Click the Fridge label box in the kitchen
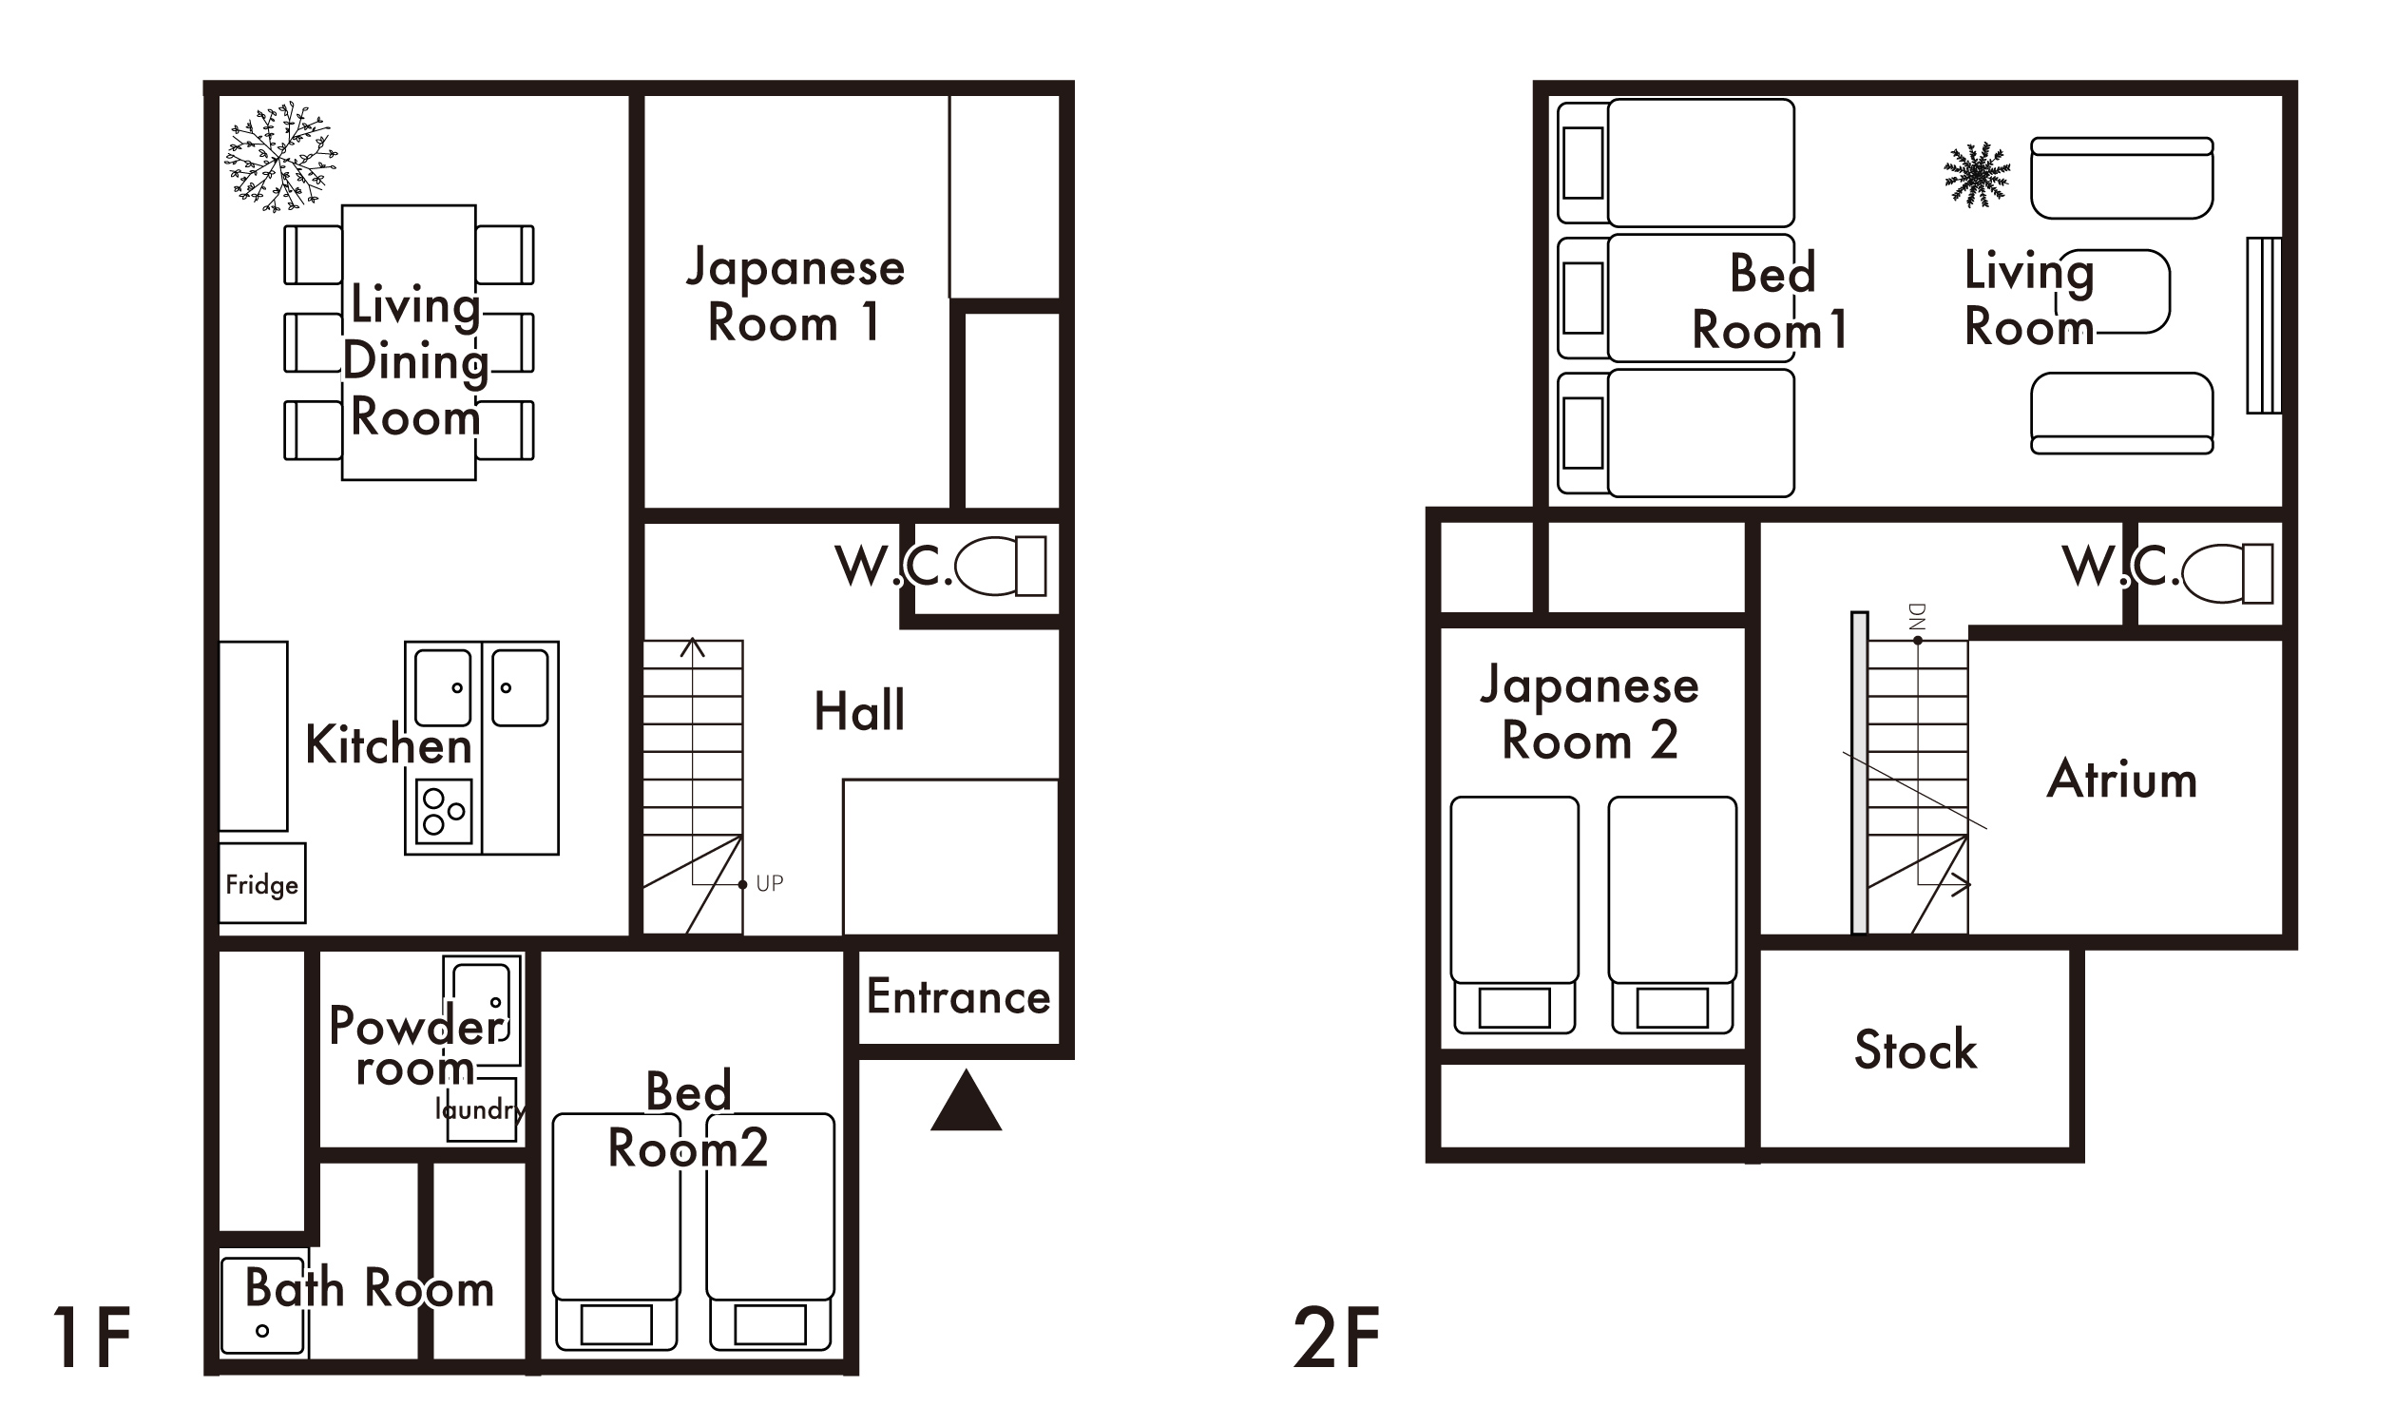tap(261, 884)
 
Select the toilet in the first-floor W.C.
tap(999, 566)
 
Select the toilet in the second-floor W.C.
tap(2226, 573)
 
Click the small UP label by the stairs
tap(769, 883)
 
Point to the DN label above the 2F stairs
tap(1917, 616)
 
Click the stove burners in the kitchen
tap(444, 811)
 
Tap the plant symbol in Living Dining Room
tap(279, 157)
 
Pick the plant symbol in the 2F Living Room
tap(1977, 175)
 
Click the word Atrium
tap(2121, 780)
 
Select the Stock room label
tap(1915, 1050)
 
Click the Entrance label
tap(958, 996)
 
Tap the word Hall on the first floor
tap(859, 711)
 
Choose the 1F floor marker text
tap(91, 1339)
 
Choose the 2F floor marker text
tap(1336, 1339)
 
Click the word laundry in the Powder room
tap(479, 1109)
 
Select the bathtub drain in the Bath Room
tap(262, 1331)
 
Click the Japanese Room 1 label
tap(795, 294)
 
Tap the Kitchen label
tap(388, 745)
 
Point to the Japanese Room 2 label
tap(1589, 712)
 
